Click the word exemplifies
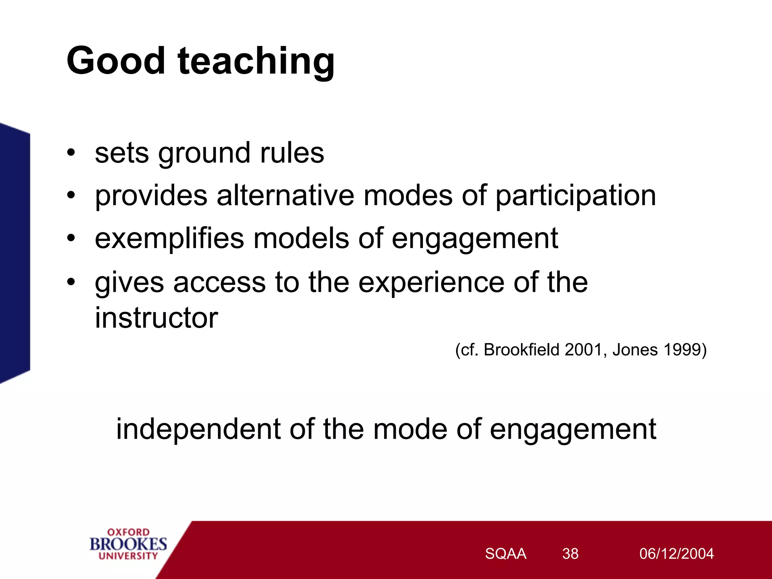pyautogui.click(x=169, y=239)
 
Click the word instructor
pyautogui.click(x=156, y=317)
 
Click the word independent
pyautogui.click(x=198, y=430)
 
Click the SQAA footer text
pyautogui.click(x=505, y=554)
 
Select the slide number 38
pyautogui.click(x=570, y=554)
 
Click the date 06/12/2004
pyautogui.click(x=676, y=554)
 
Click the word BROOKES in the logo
pyautogui.click(x=128, y=544)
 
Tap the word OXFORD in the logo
pyautogui.click(x=128, y=532)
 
